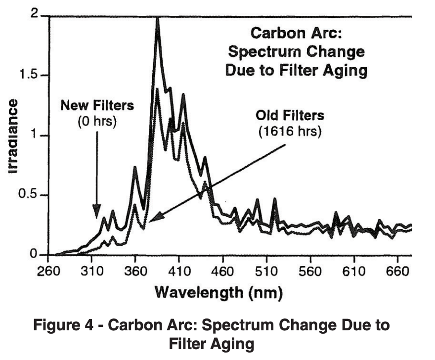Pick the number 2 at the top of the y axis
(34, 14)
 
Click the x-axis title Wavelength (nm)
(218, 292)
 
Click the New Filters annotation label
(97, 105)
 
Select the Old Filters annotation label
(290, 116)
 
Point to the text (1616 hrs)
(290, 132)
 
